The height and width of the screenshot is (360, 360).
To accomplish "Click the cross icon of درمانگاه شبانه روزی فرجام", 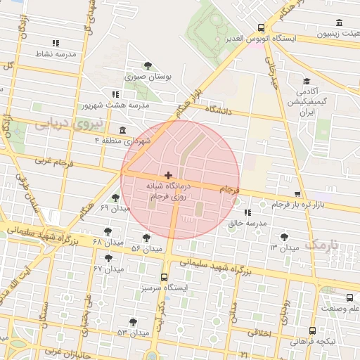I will tap(167, 174).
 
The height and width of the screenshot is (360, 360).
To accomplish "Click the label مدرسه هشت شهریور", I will tap(116, 105).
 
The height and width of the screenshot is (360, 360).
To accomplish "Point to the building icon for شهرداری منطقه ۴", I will tap(123, 130).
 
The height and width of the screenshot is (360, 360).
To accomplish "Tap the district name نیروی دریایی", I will tap(68, 124).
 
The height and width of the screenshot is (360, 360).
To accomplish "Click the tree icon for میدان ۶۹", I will tap(115, 198).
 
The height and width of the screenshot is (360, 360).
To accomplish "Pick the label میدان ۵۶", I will tap(146, 249).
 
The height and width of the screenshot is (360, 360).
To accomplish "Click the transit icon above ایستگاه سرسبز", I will tap(165, 277).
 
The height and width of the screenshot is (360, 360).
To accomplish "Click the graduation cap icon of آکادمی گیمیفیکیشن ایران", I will tap(306, 81).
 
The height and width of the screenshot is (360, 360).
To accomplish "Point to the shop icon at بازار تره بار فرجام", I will tap(297, 194).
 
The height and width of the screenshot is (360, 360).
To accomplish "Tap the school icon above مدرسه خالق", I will tap(247, 212).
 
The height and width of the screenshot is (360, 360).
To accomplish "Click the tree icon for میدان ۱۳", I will tap(284, 237).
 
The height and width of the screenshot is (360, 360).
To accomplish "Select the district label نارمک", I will tap(323, 245).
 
